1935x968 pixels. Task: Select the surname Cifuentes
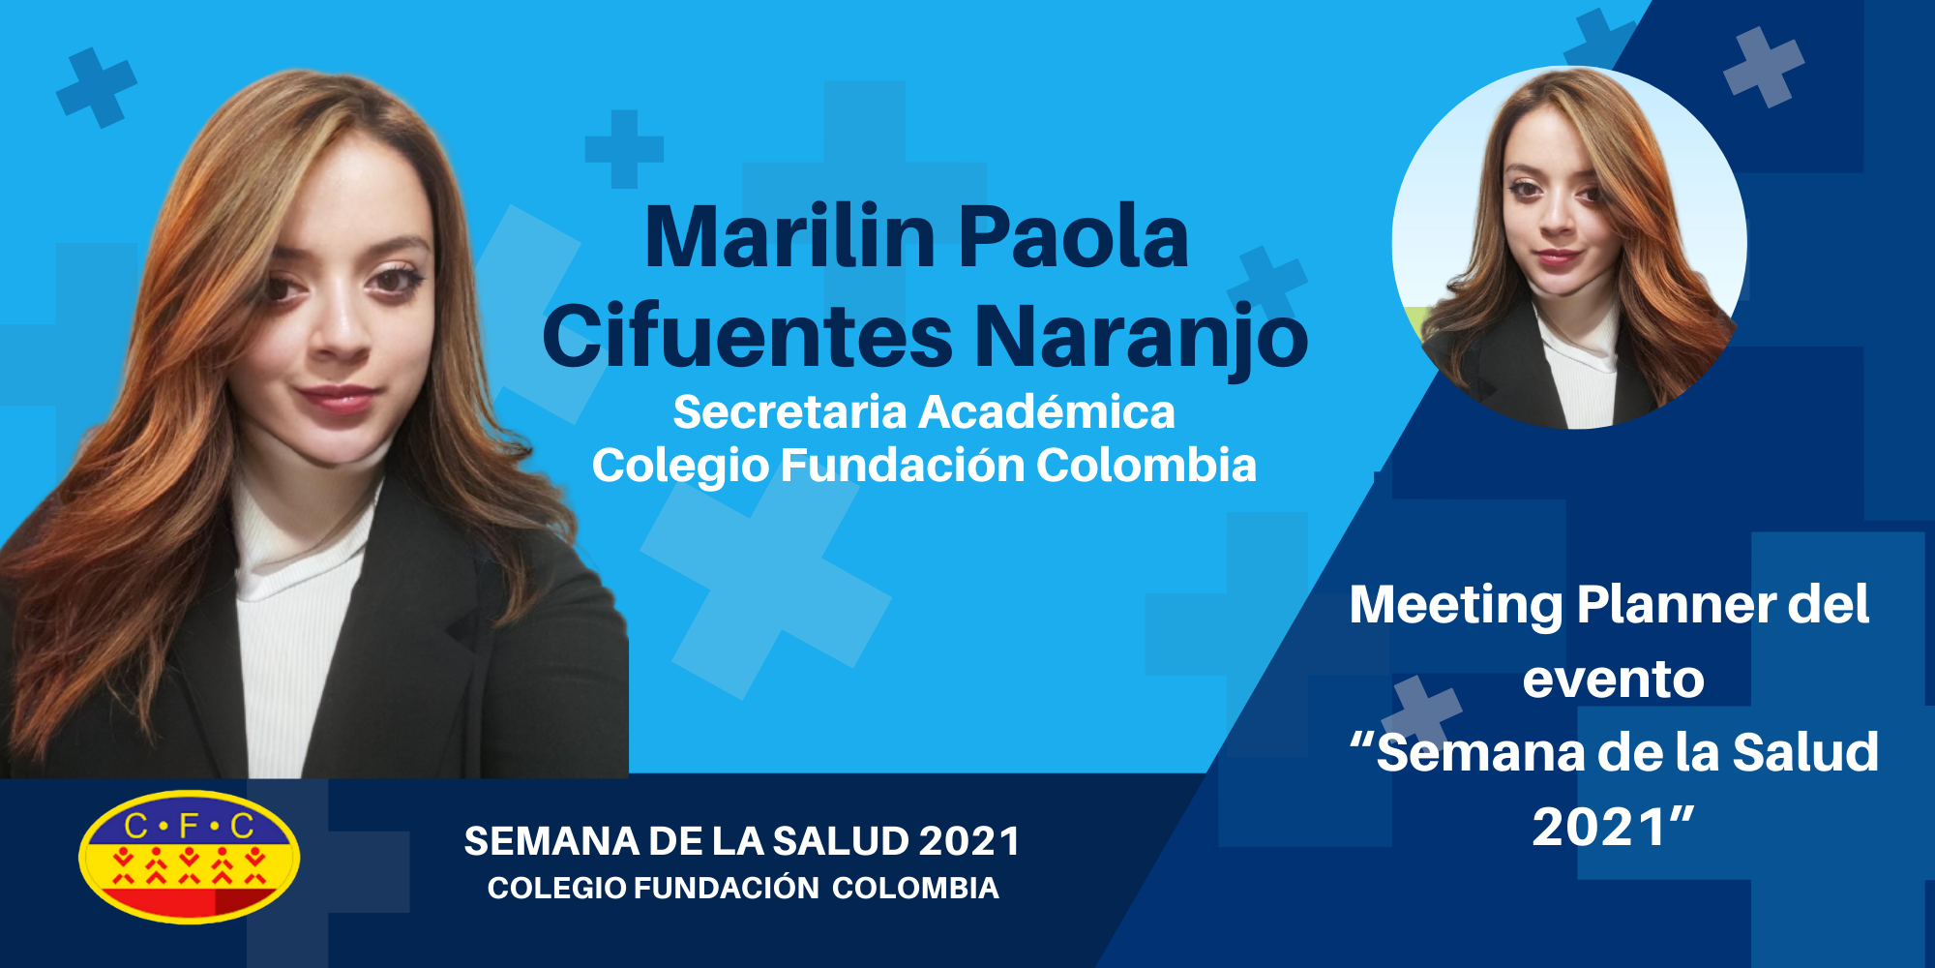[748, 336]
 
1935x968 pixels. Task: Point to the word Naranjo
[1142, 339]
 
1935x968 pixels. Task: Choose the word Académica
[1047, 411]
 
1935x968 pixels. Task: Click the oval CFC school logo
[190, 857]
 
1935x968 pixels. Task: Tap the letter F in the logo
[190, 826]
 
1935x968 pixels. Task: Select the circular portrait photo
[1569, 247]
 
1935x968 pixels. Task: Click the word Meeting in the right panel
[1456, 606]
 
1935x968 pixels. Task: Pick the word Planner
[1677, 604]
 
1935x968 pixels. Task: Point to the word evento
[1613, 680]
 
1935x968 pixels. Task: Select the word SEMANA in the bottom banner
[551, 841]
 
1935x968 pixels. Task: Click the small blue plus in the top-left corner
[97, 87]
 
